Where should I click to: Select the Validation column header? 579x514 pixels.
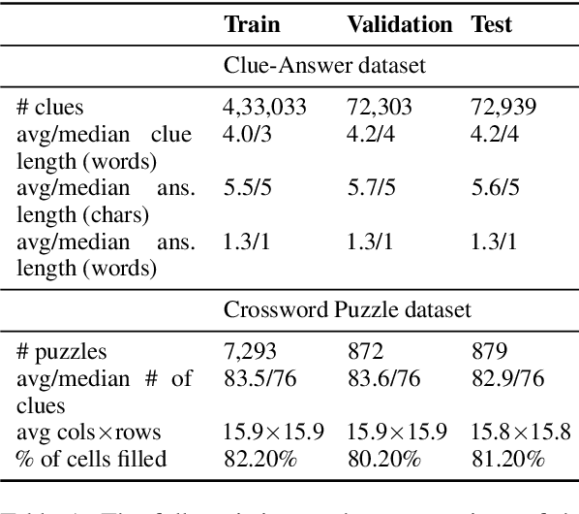click(399, 24)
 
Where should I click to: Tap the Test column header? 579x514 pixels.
click(492, 24)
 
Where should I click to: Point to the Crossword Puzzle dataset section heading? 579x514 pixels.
click(348, 309)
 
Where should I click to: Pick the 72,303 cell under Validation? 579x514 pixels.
click(376, 108)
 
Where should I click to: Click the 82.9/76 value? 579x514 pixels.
click(503, 378)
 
